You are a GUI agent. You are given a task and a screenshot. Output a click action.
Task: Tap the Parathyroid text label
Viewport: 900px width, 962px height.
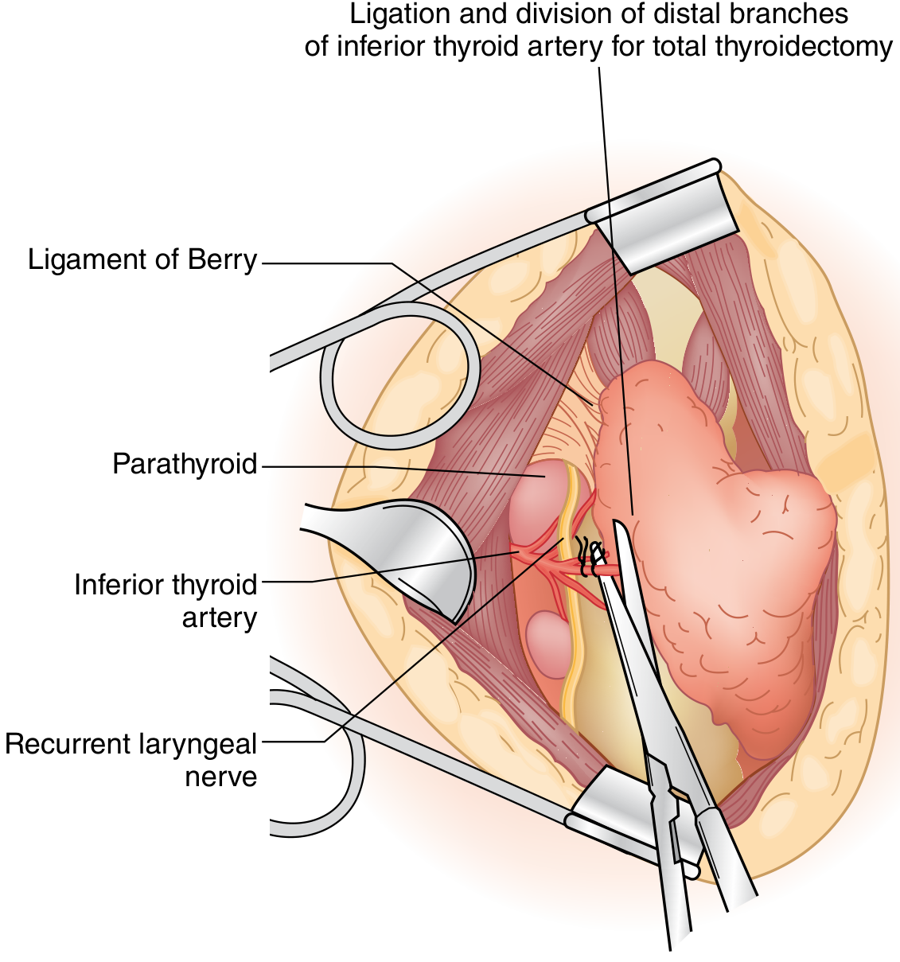[185, 464]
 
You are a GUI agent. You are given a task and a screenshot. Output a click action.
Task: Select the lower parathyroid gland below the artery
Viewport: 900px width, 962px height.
[547, 641]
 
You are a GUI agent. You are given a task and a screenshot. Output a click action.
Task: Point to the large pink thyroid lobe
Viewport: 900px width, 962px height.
[716, 557]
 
